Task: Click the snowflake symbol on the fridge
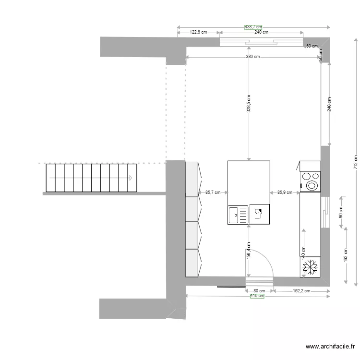(x=310, y=267)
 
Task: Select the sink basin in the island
(x=234, y=215)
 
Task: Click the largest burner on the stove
(x=312, y=185)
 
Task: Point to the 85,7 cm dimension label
(x=213, y=192)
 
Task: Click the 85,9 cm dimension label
(x=285, y=192)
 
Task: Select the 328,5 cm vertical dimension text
(x=249, y=103)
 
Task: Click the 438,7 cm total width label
(x=253, y=27)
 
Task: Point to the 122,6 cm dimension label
(x=198, y=32)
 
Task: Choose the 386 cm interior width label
(x=253, y=57)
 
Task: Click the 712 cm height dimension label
(x=356, y=162)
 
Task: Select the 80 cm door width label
(x=259, y=290)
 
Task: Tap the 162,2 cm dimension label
(x=301, y=290)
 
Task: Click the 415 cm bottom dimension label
(x=257, y=296)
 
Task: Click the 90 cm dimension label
(x=341, y=212)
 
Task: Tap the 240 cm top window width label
(x=261, y=32)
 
